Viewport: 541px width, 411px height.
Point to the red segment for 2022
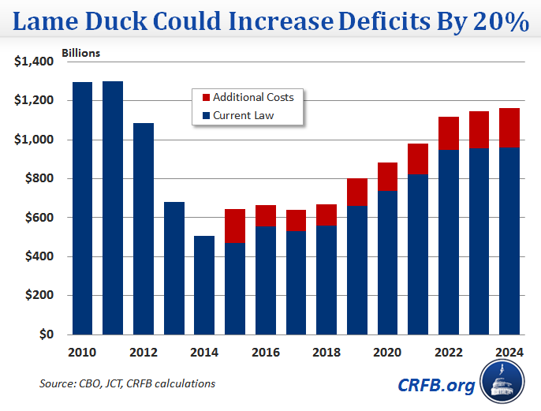(448, 133)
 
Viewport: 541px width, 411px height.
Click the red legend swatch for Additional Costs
(207, 97)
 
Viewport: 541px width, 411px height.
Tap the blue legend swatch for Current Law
(207, 116)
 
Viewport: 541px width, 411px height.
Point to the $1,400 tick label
(33, 62)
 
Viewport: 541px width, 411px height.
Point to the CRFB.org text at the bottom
(436, 385)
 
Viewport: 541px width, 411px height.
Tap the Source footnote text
(126, 384)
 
